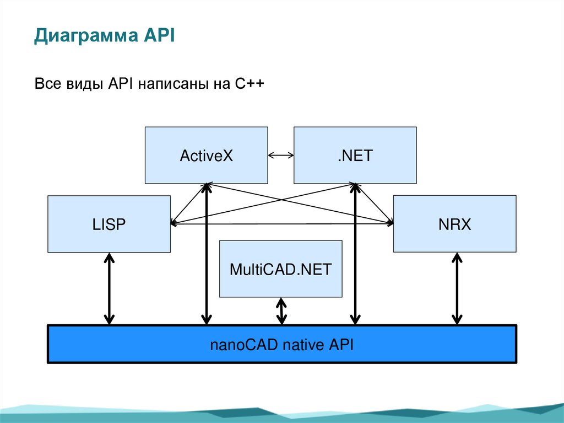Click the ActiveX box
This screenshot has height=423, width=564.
206,155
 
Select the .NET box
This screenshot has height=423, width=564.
355,155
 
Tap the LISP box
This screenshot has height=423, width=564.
109,224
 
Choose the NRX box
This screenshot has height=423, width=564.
454,224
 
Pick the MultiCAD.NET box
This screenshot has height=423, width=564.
280,269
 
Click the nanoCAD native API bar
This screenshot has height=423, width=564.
281,344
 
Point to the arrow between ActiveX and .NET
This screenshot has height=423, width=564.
280,156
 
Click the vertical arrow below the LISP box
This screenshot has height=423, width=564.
109,288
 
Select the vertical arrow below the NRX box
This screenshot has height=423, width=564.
457,288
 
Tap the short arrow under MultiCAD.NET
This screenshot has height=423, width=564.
281,311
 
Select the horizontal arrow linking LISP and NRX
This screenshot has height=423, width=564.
281,223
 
